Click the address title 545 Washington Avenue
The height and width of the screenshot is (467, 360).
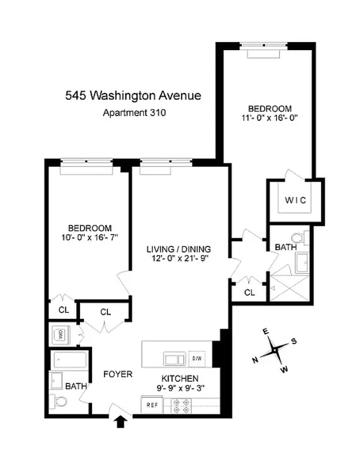coord(134,95)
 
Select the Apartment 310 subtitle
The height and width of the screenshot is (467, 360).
coord(134,114)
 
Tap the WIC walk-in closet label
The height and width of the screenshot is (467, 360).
coord(295,200)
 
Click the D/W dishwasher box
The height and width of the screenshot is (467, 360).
coord(197,358)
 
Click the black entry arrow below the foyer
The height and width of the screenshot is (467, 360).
coord(121,421)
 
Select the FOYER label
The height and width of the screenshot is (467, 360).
coord(118,374)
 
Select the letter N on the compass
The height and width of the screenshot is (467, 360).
coord(255,360)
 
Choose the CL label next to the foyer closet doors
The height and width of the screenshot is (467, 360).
coord(105,312)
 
